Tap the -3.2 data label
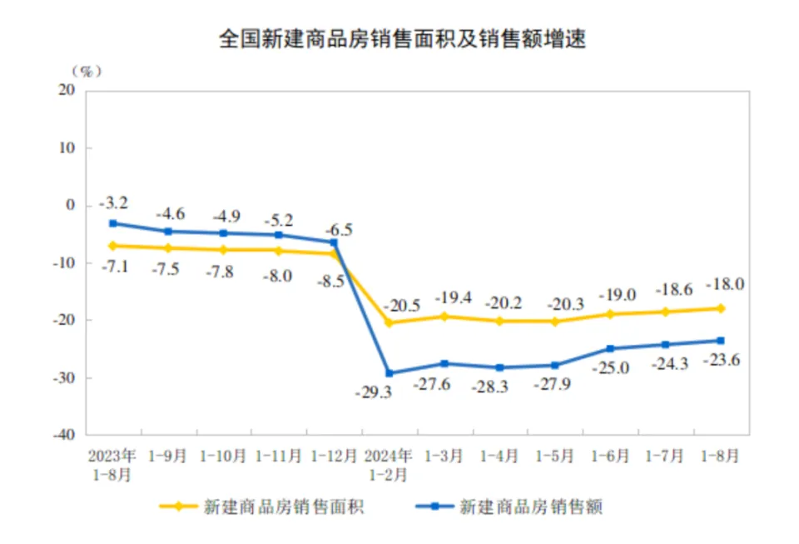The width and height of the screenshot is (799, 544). [112, 202]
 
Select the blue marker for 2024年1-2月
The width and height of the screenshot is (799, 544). [389, 373]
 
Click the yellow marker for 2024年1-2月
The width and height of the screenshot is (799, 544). [389, 322]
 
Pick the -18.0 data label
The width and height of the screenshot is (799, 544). [723, 284]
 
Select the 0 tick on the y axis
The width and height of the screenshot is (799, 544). [71, 205]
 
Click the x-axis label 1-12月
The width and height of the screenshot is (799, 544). [334, 457]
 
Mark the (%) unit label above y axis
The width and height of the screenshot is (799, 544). [86, 71]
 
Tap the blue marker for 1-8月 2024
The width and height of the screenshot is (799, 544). [721, 340]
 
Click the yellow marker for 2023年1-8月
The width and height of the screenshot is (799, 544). [112, 246]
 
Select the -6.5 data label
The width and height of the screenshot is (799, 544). [336, 229]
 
